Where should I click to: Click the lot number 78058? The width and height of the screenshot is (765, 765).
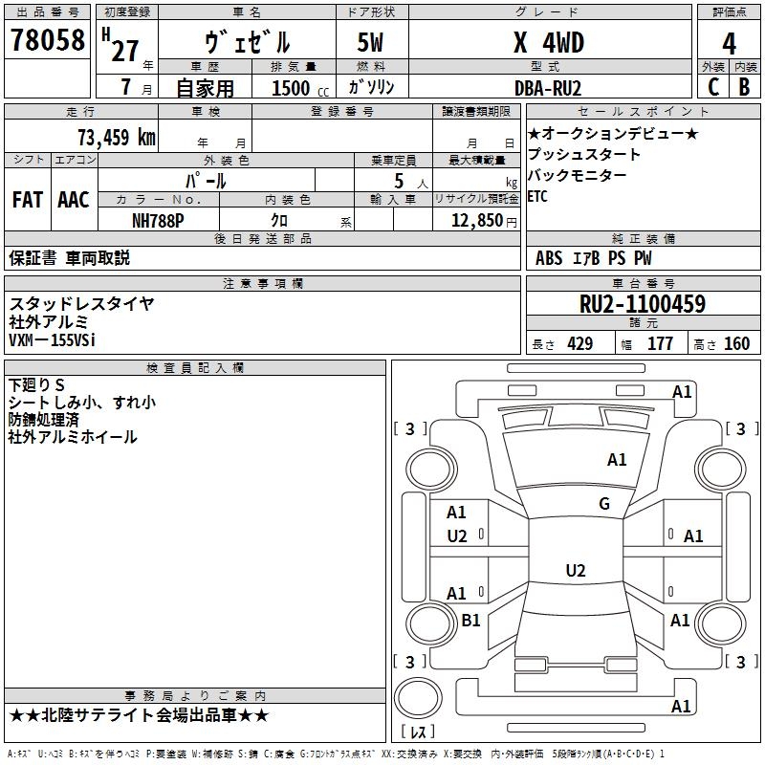(47, 41)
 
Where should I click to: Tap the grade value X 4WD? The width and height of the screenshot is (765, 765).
(548, 43)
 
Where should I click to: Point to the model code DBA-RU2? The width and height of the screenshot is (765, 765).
(548, 87)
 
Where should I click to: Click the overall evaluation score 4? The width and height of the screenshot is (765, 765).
(729, 44)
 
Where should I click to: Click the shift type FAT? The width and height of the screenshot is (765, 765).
(28, 200)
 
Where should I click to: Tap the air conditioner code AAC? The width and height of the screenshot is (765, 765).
(73, 200)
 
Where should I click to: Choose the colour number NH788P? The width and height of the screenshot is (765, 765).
(158, 219)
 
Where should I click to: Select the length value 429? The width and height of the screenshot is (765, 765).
(579, 344)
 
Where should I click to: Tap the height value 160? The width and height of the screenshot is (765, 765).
(736, 344)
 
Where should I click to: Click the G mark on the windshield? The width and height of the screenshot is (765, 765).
(603, 504)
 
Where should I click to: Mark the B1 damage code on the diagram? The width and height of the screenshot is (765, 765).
(470, 621)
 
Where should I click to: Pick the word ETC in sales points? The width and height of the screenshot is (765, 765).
(539, 197)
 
